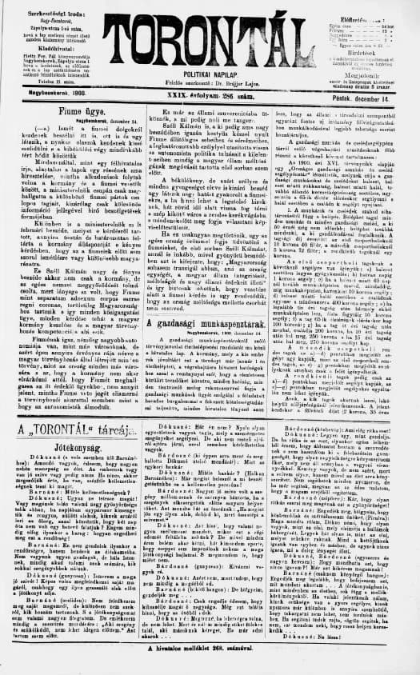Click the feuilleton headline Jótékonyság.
[x=72, y=450]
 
